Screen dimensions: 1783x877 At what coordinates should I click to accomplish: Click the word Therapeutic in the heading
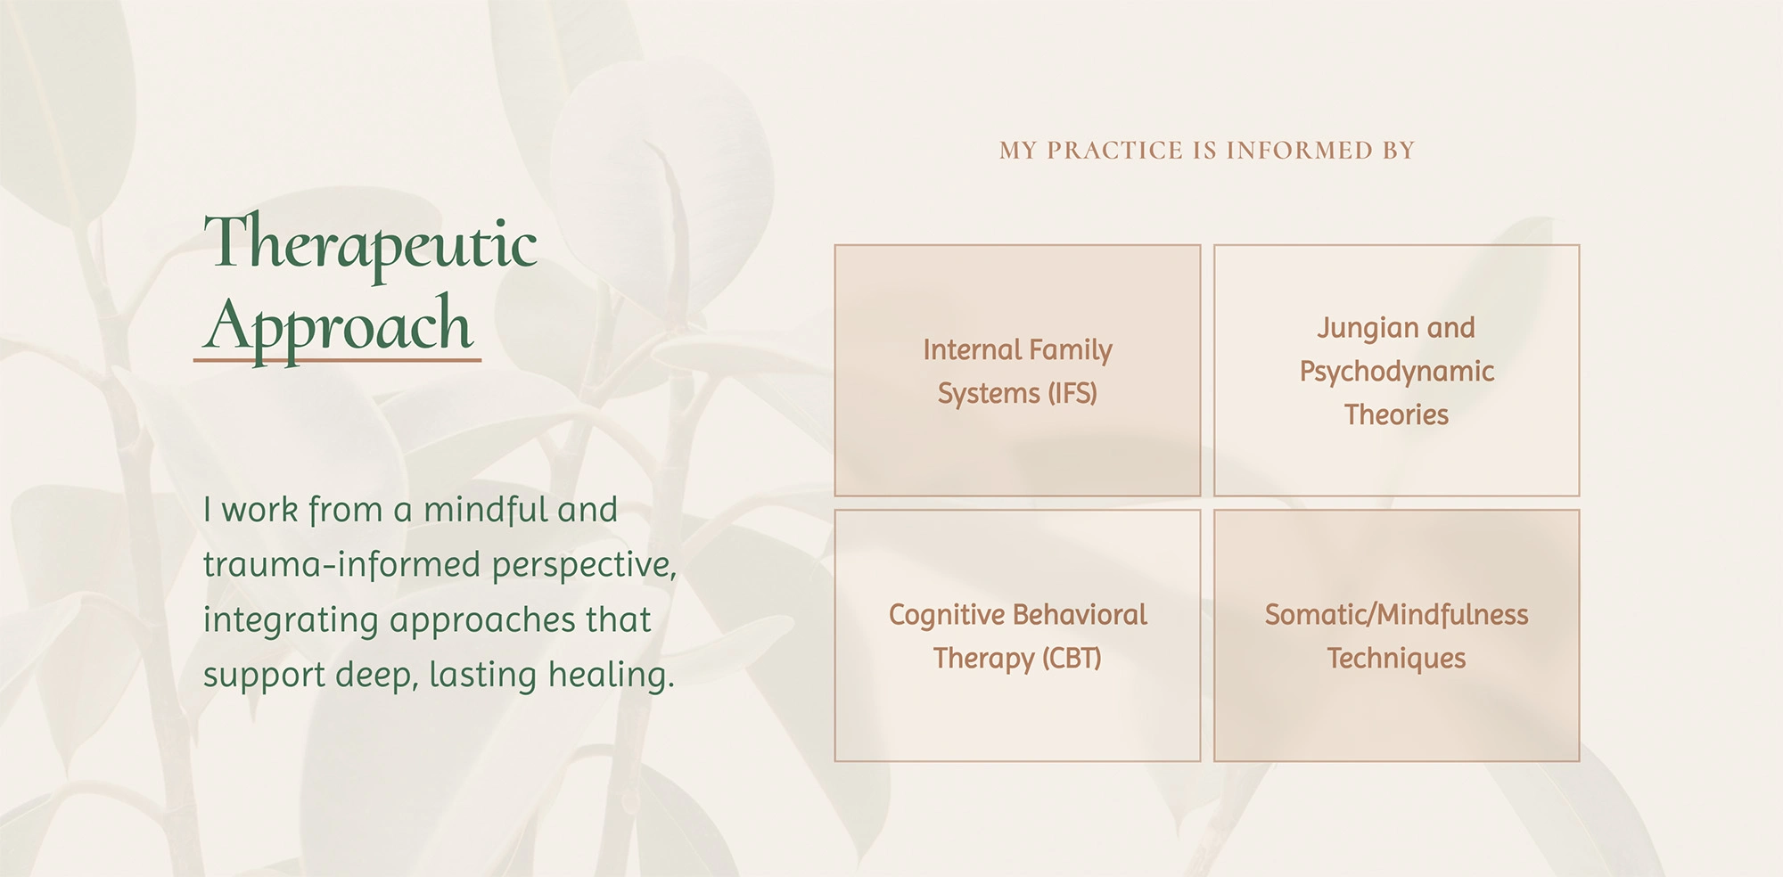coord(371,245)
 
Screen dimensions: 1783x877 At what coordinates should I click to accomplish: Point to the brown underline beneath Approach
coord(337,360)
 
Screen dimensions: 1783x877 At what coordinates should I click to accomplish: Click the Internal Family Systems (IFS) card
coord(1017,370)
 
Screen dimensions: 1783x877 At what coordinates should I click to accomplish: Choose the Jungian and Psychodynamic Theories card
coord(1396,370)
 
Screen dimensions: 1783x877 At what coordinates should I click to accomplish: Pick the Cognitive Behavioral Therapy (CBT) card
coord(1017,635)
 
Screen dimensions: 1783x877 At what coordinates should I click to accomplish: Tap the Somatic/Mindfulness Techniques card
coord(1396,635)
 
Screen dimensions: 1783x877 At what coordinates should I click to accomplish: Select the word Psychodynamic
coord(1396,373)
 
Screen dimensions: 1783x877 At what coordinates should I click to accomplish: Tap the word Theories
coord(1396,414)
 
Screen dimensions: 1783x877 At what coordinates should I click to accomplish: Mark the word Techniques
coord(1396,659)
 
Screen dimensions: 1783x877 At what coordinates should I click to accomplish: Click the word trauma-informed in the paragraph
coord(342,564)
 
